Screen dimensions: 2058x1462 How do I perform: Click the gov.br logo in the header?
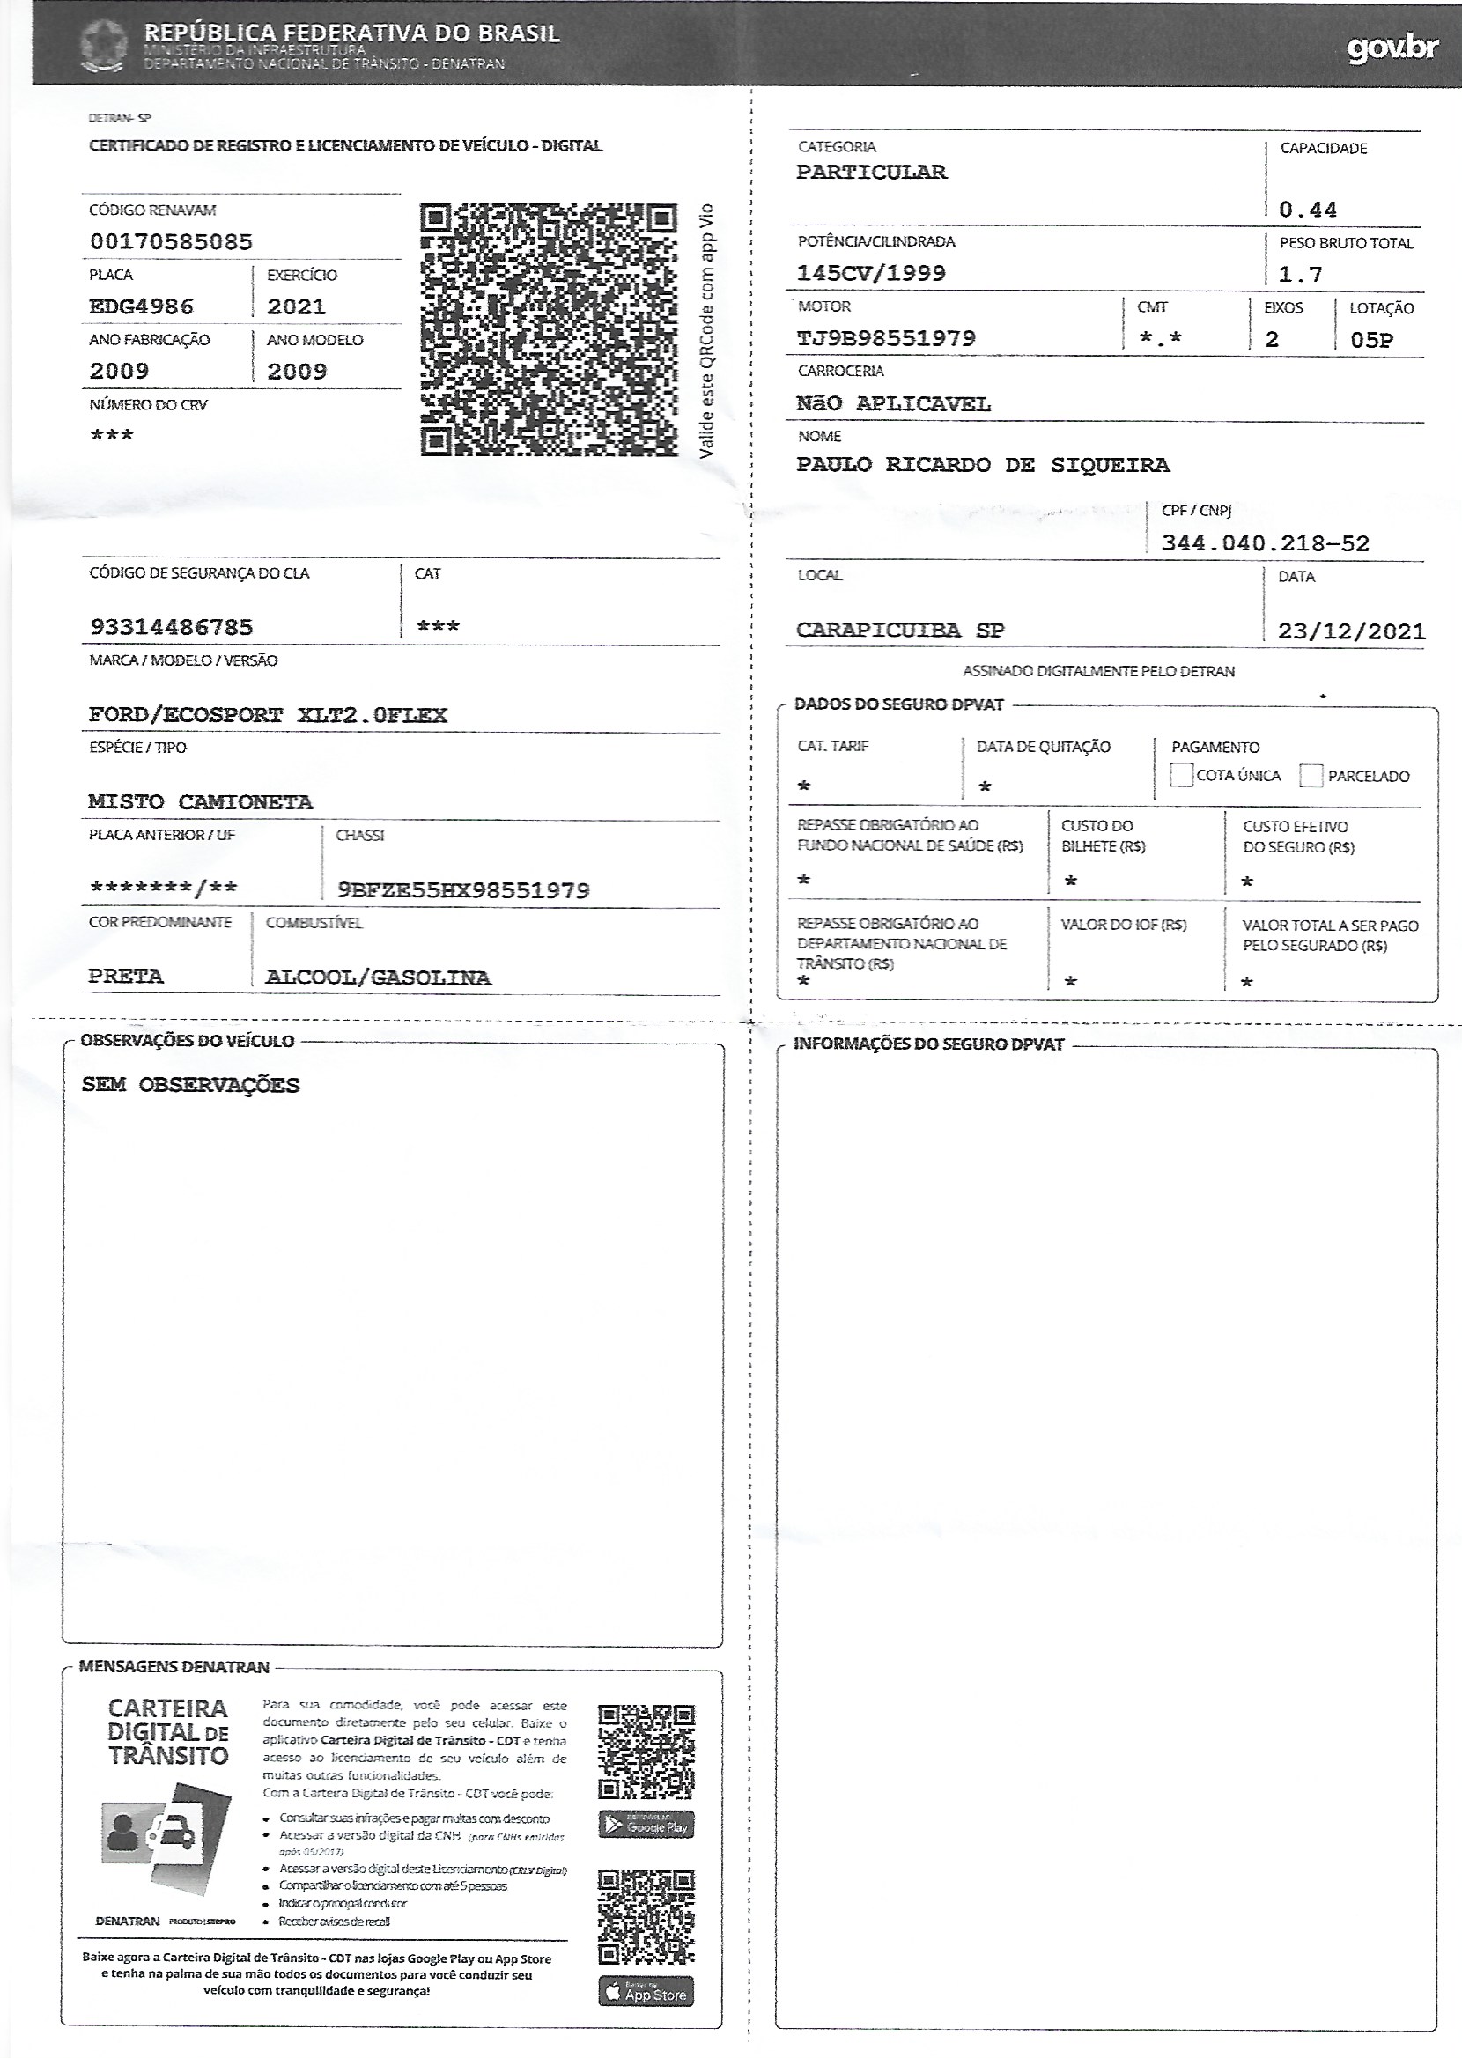pos(1392,47)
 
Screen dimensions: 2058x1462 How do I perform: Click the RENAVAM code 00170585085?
pos(171,241)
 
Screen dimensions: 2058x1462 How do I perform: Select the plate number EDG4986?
pos(141,306)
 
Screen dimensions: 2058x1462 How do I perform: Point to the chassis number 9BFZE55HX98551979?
pos(462,890)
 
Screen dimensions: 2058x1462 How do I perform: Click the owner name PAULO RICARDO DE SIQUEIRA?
pos(982,464)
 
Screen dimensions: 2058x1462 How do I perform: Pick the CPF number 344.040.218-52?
pos(1265,542)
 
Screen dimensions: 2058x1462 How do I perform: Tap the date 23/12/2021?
pos(1350,631)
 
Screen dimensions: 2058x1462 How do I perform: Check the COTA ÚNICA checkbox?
pos(1180,775)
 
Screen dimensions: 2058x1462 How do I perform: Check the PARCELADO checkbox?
pos(1311,775)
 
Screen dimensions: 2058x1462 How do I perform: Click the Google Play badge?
pos(646,1825)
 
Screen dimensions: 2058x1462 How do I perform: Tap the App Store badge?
pos(646,1991)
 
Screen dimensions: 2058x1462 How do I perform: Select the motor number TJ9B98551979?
pos(886,338)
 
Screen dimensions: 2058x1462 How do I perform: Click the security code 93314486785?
pos(171,627)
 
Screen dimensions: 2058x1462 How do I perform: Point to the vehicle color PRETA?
pos(126,977)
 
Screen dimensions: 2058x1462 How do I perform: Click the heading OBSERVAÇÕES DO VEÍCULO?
pos(188,1040)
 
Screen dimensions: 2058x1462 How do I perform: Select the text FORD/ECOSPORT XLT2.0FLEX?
pos(268,715)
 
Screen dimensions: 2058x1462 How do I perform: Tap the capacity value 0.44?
pos(1307,210)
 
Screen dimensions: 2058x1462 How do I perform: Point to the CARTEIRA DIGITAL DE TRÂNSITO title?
pos(168,1731)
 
